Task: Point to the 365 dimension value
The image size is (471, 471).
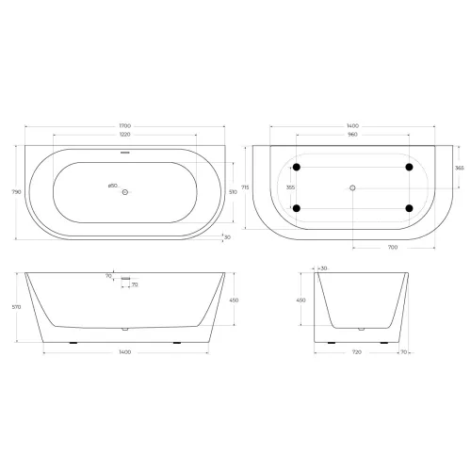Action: pyautogui.click(x=459, y=167)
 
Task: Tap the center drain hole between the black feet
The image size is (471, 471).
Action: pyautogui.click(x=353, y=187)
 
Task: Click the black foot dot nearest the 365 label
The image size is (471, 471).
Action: pyautogui.click(x=410, y=168)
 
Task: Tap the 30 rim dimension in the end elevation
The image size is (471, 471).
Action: pyautogui.click(x=326, y=268)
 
